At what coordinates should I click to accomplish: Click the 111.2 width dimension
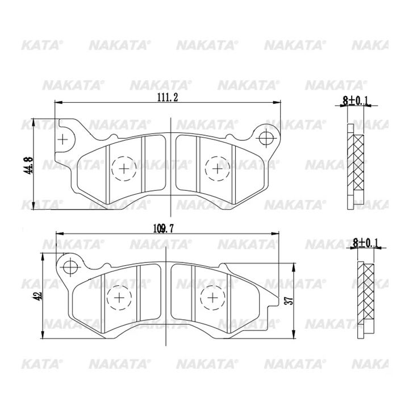coord(167,98)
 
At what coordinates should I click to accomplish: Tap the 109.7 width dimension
coord(163,229)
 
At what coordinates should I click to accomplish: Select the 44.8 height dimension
coord(28,165)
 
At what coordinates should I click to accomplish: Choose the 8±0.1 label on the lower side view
coord(366,243)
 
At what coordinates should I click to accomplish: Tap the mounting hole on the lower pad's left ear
coord(70,267)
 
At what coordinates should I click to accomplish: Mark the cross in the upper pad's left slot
coord(62,140)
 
